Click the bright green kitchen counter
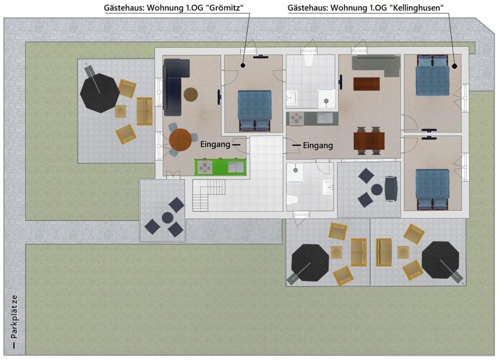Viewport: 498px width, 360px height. pos(220,167)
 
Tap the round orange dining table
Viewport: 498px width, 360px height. pos(180,140)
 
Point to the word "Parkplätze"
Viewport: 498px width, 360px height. pos(14,317)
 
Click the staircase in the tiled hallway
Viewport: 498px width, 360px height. pos(208,195)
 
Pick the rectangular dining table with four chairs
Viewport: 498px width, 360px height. pos(369,141)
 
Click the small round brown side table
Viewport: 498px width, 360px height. pos(190,95)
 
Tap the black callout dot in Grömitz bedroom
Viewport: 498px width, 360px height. pos(243,65)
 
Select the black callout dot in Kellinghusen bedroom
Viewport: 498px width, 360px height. pos(455,66)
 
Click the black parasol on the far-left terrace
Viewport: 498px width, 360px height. pos(100,93)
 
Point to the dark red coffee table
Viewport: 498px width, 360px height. pos(366,84)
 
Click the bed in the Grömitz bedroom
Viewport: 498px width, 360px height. pos(255,110)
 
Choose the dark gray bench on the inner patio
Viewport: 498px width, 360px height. pos(391,189)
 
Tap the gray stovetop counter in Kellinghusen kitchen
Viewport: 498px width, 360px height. pos(312,119)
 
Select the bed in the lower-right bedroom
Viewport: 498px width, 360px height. pos(433,190)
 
